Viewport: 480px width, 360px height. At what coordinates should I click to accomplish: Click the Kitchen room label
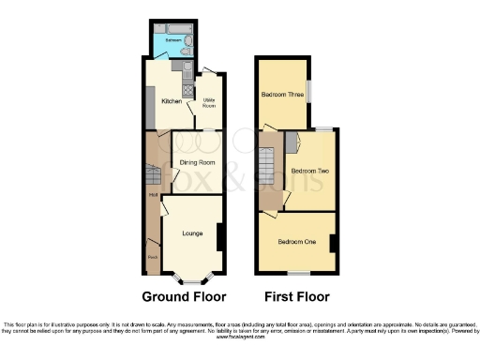[172, 101]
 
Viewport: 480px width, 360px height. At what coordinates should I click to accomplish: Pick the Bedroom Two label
[308, 172]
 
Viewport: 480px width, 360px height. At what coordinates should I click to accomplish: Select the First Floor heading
[296, 297]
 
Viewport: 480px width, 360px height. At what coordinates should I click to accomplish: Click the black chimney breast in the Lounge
[219, 237]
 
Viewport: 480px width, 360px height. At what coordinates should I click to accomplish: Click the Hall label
[152, 195]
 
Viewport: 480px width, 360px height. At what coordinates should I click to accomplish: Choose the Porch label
[152, 256]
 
